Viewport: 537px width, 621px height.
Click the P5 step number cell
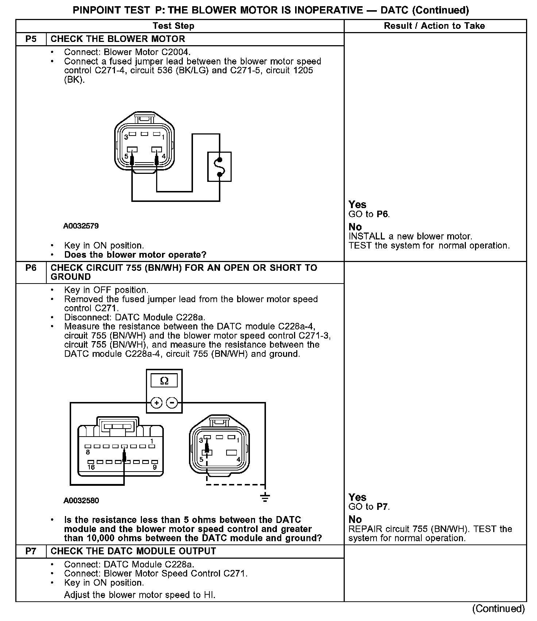coord(31,39)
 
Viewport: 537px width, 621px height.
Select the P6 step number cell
coord(31,268)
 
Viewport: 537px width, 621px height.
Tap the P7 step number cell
coord(31,551)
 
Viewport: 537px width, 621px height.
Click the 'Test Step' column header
coord(173,26)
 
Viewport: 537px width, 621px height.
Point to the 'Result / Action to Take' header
coord(434,26)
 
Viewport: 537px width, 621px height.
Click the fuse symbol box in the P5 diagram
coord(219,167)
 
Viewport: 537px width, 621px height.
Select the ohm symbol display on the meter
coord(164,381)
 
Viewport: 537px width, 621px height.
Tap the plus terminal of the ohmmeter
coord(156,403)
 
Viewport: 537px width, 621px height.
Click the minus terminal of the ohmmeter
coord(172,403)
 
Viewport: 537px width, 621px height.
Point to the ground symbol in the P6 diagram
coord(265,497)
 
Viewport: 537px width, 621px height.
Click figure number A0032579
coord(81,226)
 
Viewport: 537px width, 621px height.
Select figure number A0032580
coord(81,500)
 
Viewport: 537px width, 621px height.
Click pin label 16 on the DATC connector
coord(91,467)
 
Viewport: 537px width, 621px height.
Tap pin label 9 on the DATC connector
coord(155,467)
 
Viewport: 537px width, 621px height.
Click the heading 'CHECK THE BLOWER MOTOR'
coord(118,39)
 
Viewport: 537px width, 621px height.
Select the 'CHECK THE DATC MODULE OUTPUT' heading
coord(133,551)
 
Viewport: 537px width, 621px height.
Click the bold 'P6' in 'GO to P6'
coord(382,214)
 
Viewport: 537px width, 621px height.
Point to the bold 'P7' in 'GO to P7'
coord(382,507)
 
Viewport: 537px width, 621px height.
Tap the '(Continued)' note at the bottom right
coord(498,609)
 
